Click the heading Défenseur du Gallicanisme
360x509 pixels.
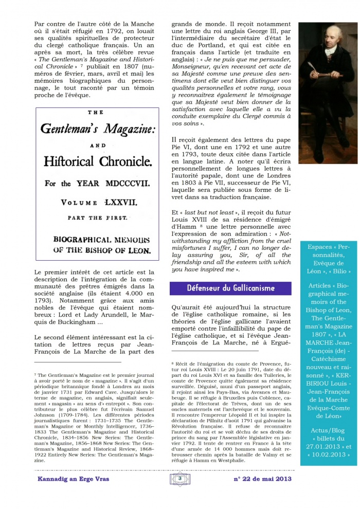point(231,288)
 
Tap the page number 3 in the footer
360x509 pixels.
point(180,479)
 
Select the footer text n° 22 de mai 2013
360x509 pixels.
point(262,479)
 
